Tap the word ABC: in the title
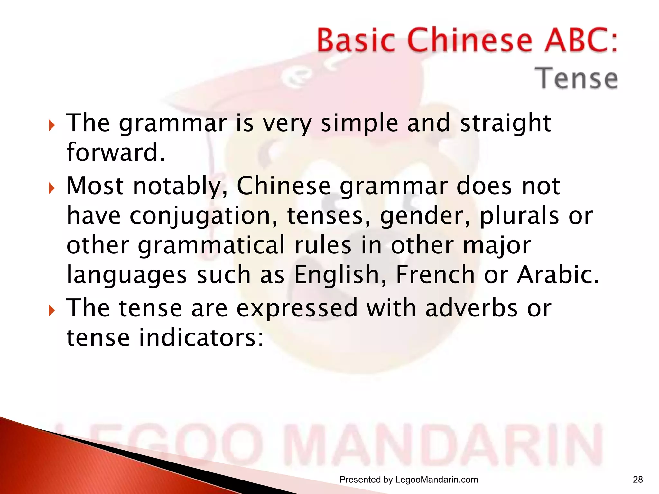coord(581,41)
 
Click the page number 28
coord(638,480)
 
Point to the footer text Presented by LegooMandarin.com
coord(409,480)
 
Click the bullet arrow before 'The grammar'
coord(51,125)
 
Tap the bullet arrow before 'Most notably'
coord(51,188)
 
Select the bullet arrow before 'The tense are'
coord(51,310)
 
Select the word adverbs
coord(471,308)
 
